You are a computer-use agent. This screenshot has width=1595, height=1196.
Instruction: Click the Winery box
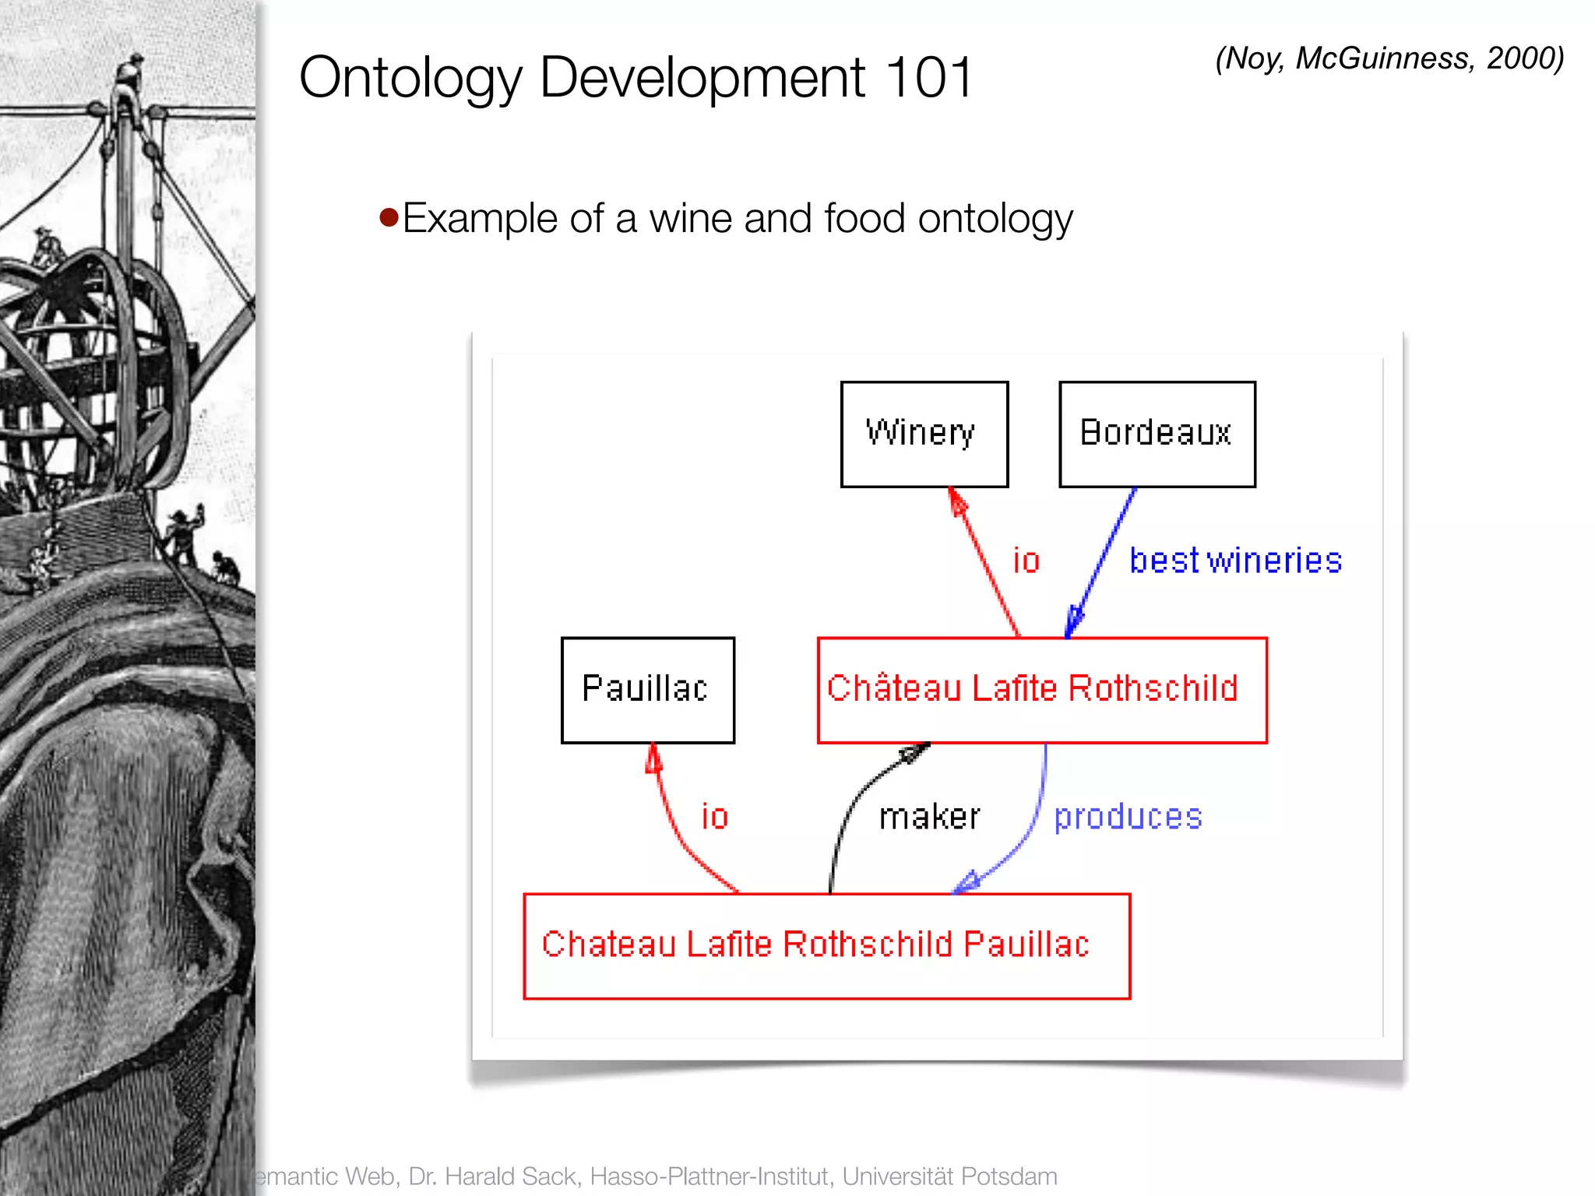click(924, 434)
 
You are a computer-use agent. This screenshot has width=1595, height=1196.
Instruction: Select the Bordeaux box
click(1157, 434)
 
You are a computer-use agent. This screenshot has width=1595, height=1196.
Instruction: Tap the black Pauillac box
click(647, 690)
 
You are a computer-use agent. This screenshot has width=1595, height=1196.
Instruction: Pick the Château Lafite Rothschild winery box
click(1041, 690)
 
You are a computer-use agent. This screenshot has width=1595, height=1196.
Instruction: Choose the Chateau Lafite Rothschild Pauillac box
click(826, 945)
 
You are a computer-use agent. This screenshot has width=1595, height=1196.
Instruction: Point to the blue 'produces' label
click(1128, 817)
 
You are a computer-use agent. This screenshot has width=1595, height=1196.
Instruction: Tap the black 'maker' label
click(929, 817)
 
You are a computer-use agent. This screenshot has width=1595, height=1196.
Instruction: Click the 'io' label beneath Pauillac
click(714, 817)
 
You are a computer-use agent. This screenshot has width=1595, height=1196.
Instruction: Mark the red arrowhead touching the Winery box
click(958, 502)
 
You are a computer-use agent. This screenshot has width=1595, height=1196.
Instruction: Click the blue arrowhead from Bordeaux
click(1074, 621)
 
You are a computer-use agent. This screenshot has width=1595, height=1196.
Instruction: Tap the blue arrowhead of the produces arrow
click(967, 882)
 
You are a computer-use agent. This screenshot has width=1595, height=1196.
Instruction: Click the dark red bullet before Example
click(389, 216)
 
